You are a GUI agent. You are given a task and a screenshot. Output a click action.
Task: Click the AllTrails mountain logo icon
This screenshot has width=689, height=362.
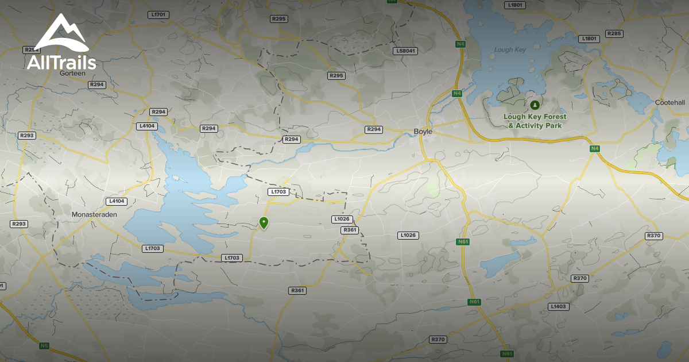tap(61, 33)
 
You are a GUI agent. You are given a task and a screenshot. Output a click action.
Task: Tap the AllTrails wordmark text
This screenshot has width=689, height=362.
tap(61, 61)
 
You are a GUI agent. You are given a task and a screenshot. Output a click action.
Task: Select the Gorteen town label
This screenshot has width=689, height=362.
tap(72, 73)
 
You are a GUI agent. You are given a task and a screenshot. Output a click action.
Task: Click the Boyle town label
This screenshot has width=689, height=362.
tap(423, 132)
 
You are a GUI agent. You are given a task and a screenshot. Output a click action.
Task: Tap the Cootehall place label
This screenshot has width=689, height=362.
tap(670, 102)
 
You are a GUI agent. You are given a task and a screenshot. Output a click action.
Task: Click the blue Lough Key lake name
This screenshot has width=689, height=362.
tap(510, 50)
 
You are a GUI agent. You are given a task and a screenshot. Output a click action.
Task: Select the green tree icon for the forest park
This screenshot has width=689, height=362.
tap(535, 105)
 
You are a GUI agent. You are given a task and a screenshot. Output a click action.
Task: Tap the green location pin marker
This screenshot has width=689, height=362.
tap(264, 222)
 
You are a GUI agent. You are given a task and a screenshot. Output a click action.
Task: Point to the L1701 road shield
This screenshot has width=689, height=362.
tap(158, 14)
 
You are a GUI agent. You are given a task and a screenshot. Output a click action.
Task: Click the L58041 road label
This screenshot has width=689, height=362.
tap(405, 51)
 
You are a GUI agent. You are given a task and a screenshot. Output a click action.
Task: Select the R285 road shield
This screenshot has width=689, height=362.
tap(614, 34)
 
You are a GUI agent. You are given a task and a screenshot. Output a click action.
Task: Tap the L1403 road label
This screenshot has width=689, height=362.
tap(558, 306)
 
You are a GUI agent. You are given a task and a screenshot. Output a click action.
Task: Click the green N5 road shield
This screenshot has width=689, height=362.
tap(44, 345)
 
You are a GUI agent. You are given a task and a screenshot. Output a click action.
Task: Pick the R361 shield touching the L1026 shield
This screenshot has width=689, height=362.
tap(350, 230)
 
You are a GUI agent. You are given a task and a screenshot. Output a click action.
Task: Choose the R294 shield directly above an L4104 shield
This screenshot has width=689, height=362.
tap(158, 112)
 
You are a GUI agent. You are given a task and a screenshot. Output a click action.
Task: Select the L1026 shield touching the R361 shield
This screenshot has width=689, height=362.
tap(342, 219)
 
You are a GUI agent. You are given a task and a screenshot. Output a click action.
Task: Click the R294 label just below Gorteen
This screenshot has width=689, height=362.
tap(97, 84)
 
